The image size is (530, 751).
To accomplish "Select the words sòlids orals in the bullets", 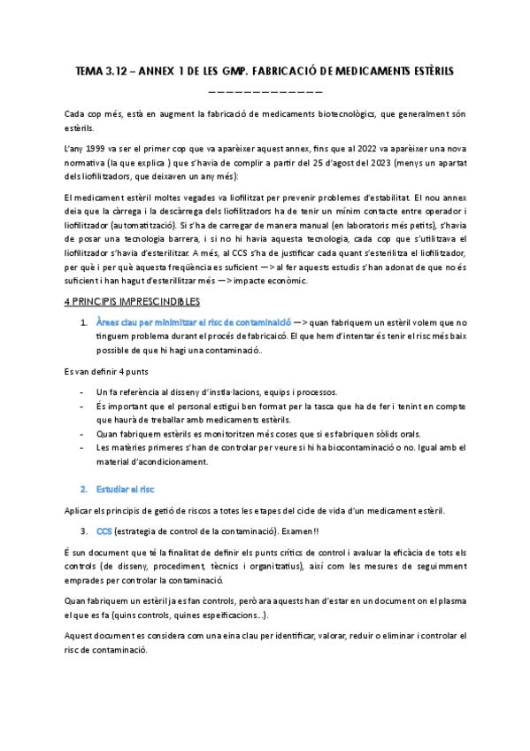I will coord(398,434).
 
